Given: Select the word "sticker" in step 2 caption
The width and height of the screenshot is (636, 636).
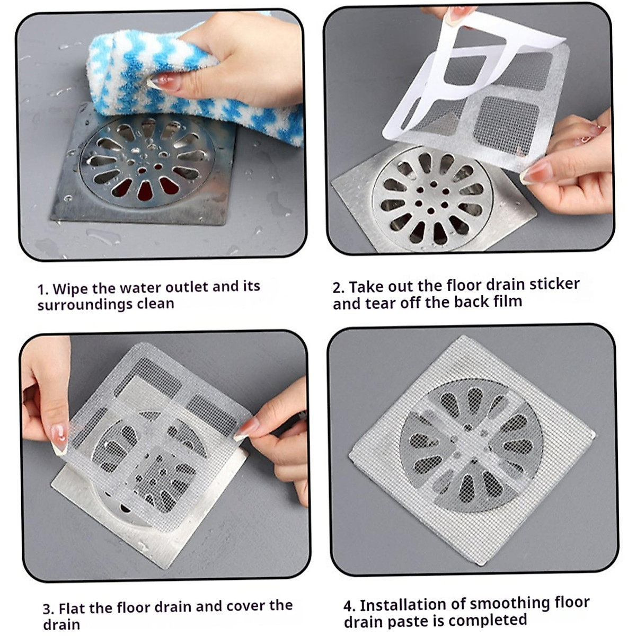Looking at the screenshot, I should pyautogui.click(x=554, y=284).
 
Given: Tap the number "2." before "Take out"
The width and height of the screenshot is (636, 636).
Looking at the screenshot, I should pyautogui.click(x=339, y=288).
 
